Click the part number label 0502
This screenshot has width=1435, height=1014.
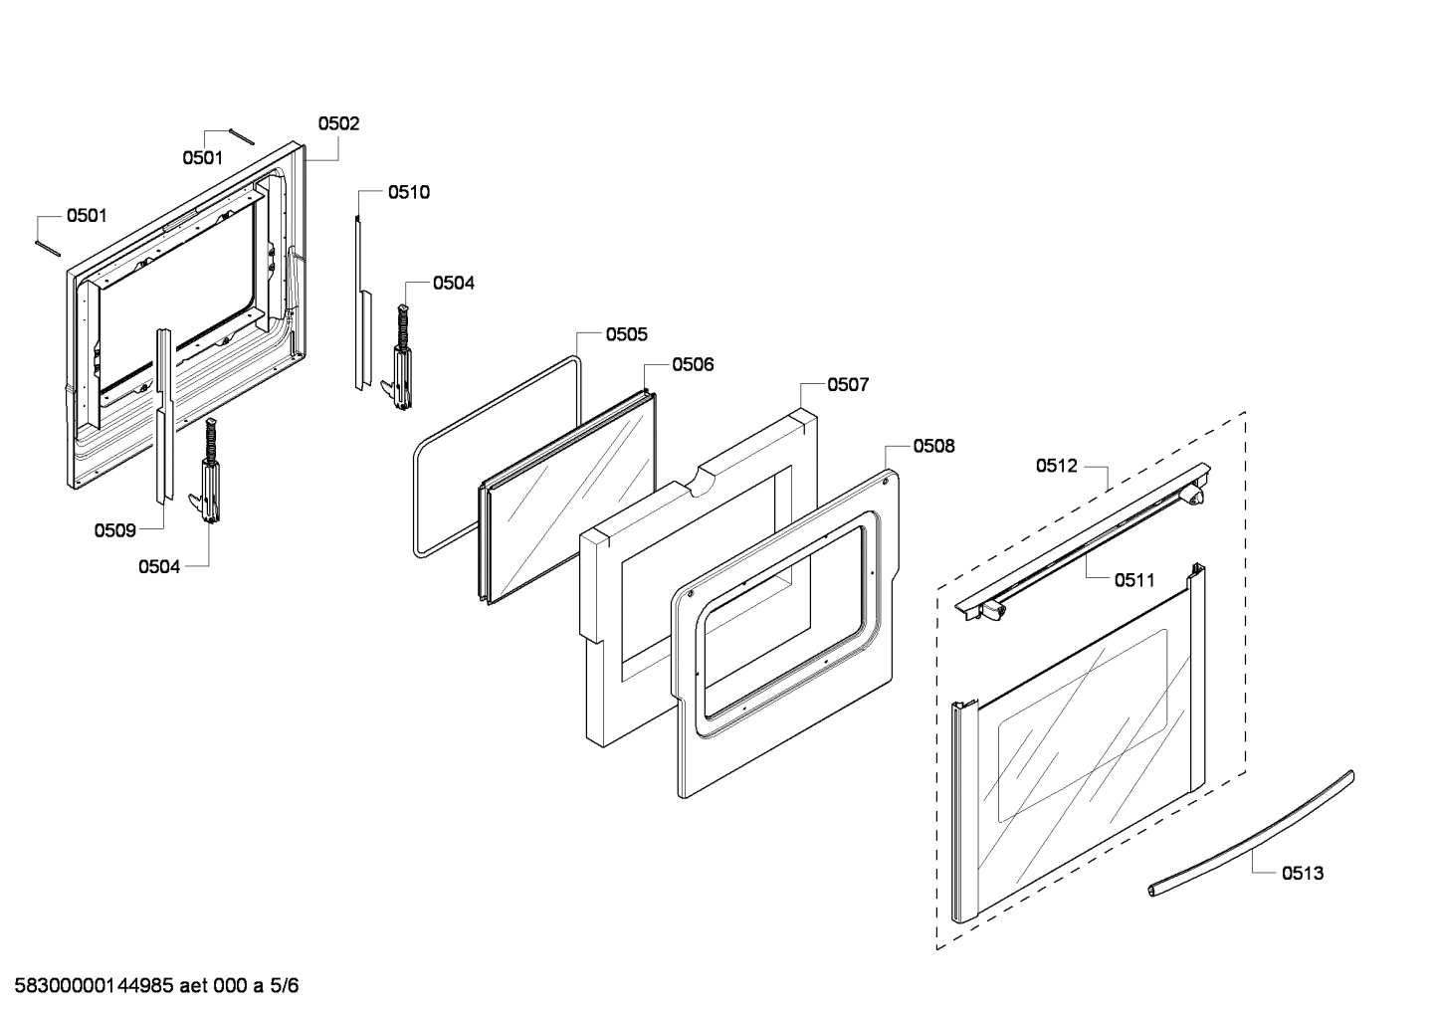point(338,124)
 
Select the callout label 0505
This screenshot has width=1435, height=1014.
point(627,334)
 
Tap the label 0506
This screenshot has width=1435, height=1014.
point(693,365)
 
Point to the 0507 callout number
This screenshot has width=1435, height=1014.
point(848,385)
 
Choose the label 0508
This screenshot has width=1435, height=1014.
point(933,446)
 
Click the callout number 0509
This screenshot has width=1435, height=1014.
point(114,530)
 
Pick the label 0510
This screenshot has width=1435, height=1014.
point(409,192)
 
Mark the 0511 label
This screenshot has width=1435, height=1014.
point(1134,579)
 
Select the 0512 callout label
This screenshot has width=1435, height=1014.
point(1057,466)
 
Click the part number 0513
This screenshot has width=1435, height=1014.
point(1303,873)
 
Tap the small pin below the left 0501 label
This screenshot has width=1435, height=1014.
point(49,246)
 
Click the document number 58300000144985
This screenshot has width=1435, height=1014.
point(90,986)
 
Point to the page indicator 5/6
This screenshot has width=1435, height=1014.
point(285,986)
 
